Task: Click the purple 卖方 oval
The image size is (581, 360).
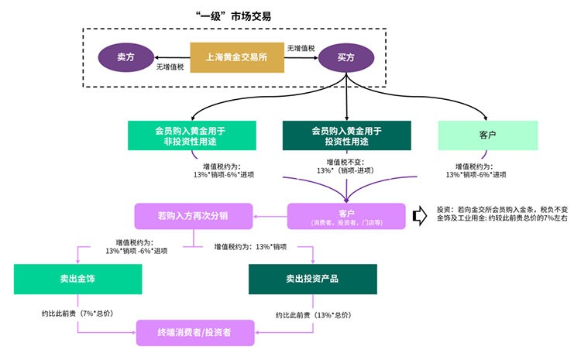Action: point(125,57)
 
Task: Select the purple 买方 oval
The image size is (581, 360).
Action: point(346,57)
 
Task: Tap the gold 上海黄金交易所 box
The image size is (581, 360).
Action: point(236,57)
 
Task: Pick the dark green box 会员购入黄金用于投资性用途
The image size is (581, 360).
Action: point(346,135)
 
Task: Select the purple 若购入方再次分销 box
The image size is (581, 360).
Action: point(193,214)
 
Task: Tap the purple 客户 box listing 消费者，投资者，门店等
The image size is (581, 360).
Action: point(346,216)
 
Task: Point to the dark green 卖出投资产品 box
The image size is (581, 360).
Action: point(312,279)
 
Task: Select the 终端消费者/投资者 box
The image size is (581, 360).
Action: point(194,331)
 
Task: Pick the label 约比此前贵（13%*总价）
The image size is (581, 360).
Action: point(314,314)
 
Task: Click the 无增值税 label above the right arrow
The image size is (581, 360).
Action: point(301,49)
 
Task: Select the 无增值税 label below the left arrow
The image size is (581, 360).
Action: point(170,67)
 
